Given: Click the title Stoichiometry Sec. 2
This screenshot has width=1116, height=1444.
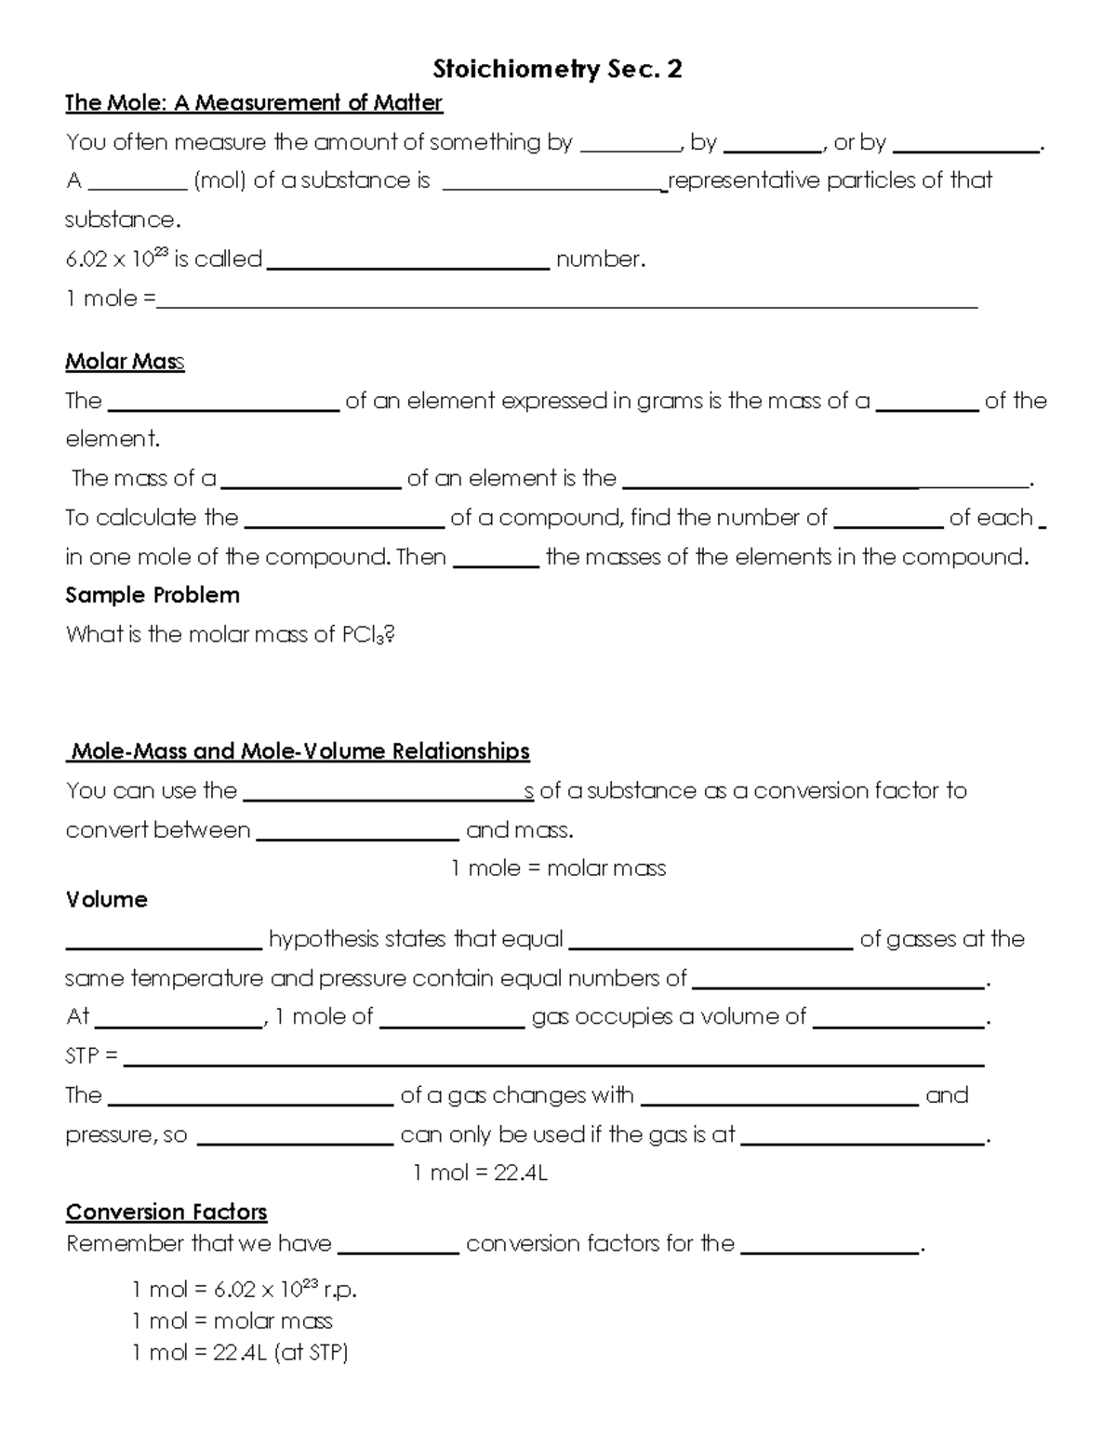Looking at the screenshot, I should (x=557, y=69).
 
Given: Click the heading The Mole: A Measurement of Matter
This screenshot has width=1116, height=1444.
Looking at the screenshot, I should (x=253, y=103).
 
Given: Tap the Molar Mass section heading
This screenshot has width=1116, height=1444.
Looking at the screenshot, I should (x=125, y=362).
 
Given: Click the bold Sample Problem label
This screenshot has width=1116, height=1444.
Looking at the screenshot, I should (x=153, y=595).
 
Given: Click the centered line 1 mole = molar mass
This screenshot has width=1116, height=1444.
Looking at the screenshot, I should (x=558, y=868).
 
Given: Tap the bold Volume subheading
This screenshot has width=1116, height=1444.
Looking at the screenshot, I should (x=106, y=900).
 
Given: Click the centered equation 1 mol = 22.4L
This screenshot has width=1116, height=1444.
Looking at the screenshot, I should (x=480, y=1173).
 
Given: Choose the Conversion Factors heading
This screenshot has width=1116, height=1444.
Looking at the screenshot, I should (x=166, y=1212).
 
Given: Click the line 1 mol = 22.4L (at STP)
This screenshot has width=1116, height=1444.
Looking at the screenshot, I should (x=240, y=1353).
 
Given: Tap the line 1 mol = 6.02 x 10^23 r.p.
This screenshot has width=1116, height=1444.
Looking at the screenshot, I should (x=245, y=1291).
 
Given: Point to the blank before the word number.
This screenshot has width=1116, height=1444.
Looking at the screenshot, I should (x=408, y=264).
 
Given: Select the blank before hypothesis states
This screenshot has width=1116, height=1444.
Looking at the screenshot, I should (x=164, y=946).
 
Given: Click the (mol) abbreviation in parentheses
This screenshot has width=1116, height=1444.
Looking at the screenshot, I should (x=219, y=180).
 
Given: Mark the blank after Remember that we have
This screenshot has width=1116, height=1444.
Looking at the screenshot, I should (x=399, y=1251).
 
